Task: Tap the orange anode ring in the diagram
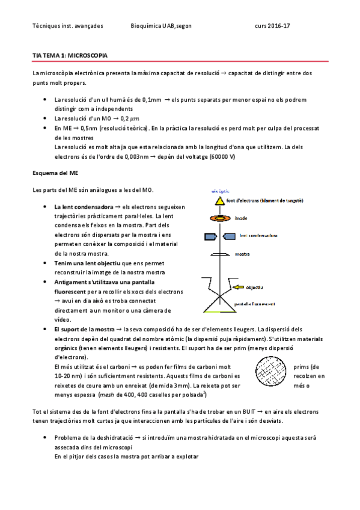[x=218, y=219]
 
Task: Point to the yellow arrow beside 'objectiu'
[x=239, y=287]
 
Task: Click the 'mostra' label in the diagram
[x=242, y=255]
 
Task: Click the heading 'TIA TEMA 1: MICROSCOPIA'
[x=70, y=55]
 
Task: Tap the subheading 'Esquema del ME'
[x=55, y=173]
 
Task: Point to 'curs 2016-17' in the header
[x=272, y=26]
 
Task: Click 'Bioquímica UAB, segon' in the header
[x=160, y=26]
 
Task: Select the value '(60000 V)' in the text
[x=222, y=156]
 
